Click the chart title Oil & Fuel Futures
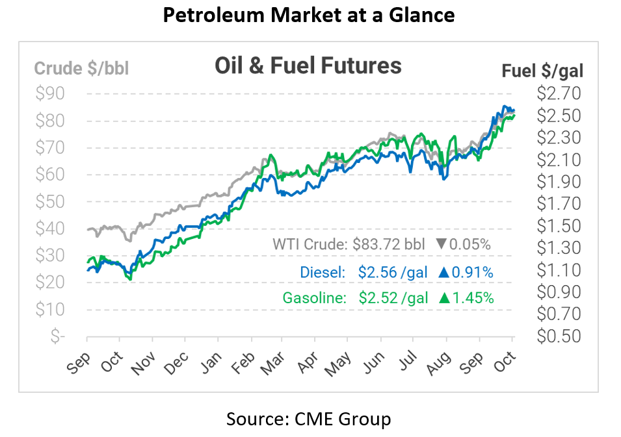(308, 66)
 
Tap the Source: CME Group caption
(309, 419)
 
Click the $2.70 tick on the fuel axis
(559, 94)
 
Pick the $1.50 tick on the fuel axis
(559, 226)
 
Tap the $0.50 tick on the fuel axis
(559, 336)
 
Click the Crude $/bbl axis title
(81, 68)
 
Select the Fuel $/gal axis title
(542, 71)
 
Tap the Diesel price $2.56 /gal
(392, 272)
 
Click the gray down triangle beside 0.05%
(441, 245)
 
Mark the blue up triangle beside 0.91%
(444, 272)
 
